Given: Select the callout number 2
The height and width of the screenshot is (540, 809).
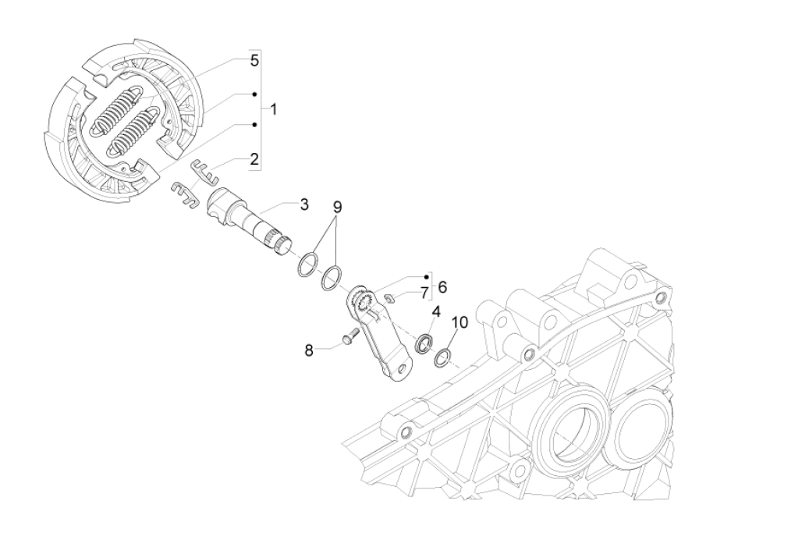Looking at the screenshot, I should coord(254,159).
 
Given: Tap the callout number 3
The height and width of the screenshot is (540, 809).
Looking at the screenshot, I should coord(303,204).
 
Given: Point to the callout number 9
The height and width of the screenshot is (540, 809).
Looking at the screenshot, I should coord(337,207).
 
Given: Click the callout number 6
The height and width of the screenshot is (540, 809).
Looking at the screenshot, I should coord(442,286).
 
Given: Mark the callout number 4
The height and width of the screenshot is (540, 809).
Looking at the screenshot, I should coord(436,311).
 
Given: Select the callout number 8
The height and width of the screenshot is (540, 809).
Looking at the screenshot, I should coord(309,350).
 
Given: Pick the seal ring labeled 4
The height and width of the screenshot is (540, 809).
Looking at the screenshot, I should coord(425,343).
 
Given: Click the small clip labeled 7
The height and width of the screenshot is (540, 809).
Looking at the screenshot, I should coord(392,297).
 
